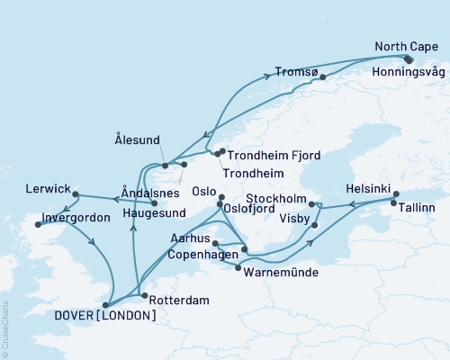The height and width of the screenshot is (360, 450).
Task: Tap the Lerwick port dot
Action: tap(76, 194)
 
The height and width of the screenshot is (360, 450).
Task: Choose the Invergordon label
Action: tap(76, 218)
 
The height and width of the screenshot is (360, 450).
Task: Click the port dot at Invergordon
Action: tap(38, 225)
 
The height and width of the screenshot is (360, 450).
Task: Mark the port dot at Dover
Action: tap(106, 304)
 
